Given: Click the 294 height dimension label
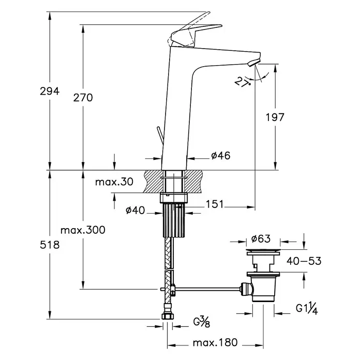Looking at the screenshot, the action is pos(50,91).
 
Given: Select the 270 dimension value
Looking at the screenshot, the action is pos(83,98).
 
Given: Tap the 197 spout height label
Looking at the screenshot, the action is pos(275,117).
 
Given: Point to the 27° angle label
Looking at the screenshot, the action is pos(242,82).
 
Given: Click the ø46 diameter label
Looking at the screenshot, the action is pos(221,156).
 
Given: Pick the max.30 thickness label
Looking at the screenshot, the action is pos(114,182).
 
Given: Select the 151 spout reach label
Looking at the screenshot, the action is pos(215,204).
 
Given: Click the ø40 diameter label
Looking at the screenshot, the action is pos(135,210).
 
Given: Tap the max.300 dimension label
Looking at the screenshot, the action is pos(83,230).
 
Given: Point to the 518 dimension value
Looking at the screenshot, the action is pos(50,245).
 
